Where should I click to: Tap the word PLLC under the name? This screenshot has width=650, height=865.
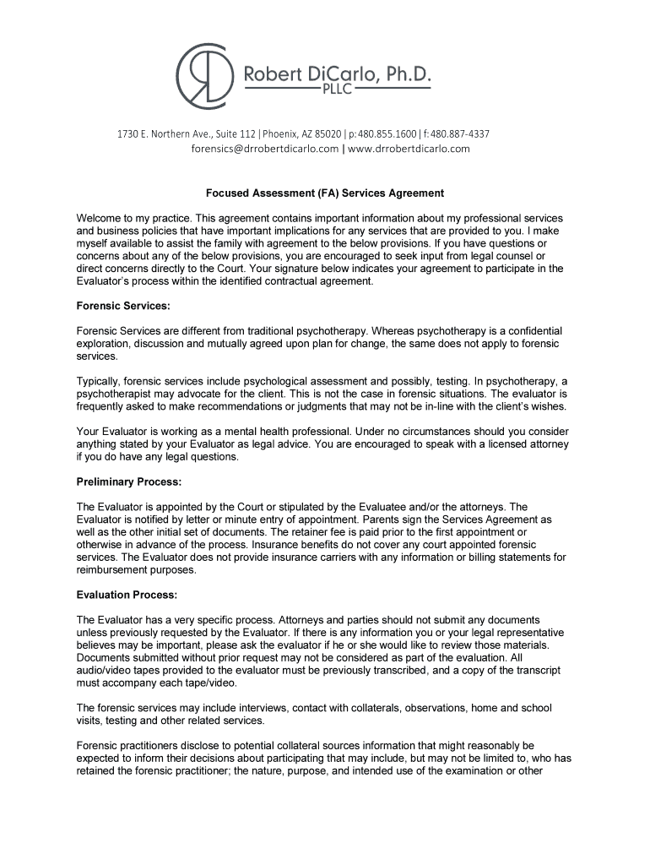point(337,91)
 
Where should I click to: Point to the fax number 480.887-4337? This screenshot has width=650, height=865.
point(460,134)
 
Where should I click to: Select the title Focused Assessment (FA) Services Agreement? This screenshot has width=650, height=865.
point(325,193)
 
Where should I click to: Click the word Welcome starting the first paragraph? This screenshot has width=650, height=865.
point(100,218)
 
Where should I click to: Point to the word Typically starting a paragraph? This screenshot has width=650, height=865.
point(100,381)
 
